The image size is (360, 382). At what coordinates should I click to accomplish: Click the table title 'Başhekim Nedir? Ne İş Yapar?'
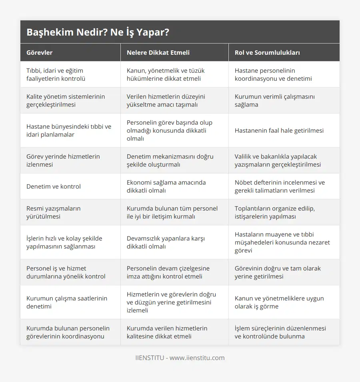pos(98,32)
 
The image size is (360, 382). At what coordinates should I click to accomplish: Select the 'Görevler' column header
pos(39,52)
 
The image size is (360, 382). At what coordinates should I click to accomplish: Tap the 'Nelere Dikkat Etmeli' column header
pos(158,52)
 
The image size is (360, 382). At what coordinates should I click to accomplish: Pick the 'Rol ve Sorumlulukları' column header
pos(267,52)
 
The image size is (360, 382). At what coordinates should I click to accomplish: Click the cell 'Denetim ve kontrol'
pos(54,186)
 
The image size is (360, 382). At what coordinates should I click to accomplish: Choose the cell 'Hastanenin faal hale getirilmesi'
pos(279,130)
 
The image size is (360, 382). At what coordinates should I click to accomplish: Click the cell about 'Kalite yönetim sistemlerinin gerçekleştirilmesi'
pos(66,100)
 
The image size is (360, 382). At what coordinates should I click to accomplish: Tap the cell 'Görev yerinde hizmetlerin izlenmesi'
pos(63,160)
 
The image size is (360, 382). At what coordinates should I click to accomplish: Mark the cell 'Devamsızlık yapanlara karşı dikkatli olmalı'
pos(166,242)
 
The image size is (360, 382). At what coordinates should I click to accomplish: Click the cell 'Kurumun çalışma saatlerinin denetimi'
pos(66,302)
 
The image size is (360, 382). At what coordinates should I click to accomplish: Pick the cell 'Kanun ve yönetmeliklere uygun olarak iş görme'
pos(279,302)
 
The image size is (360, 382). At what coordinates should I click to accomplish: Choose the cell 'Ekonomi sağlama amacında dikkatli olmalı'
pos(166,186)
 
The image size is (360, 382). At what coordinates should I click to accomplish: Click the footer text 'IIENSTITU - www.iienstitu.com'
pos(180,358)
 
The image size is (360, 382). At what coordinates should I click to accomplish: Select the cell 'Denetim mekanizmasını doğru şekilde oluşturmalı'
pos(170,160)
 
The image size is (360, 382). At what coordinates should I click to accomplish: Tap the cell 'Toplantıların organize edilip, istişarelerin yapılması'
pos(275,212)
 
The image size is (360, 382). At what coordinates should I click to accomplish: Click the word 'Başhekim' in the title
pos(46,32)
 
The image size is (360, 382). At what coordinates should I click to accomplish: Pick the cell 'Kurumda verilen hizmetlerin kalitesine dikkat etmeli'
pos(167,332)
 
